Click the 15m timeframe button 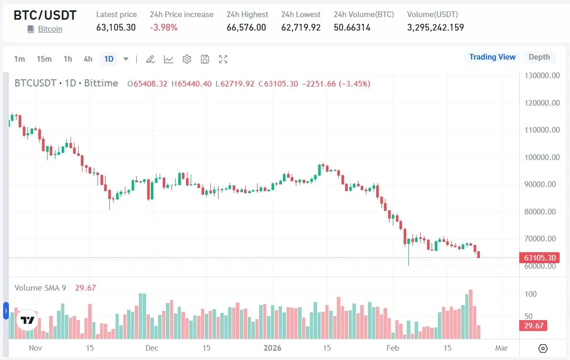coord(44,59)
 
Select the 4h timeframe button coord(88,59)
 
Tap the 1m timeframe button coord(19,59)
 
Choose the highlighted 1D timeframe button coord(109,59)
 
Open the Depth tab coord(539,57)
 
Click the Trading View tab coord(492,57)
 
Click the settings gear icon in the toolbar coord(187,59)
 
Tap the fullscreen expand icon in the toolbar coord(223,59)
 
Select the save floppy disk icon coord(205,59)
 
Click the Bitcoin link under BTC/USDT coord(50,29)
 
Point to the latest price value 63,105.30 coord(116,27)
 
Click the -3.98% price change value coord(164,27)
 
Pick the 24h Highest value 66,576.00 coord(246,27)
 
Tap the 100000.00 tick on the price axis coord(541,157)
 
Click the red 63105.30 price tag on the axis coord(540,258)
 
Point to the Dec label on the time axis coord(152,348)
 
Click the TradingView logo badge coord(27,320)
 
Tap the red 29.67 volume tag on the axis coord(533,325)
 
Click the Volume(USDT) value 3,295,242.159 coord(435,27)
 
